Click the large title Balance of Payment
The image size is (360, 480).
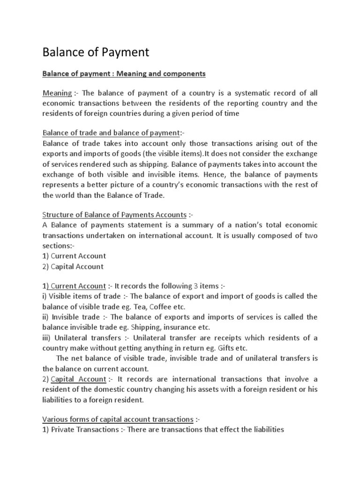coord(96,52)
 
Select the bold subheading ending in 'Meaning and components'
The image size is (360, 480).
coord(124,74)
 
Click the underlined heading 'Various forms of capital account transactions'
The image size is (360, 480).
coord(118,419)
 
